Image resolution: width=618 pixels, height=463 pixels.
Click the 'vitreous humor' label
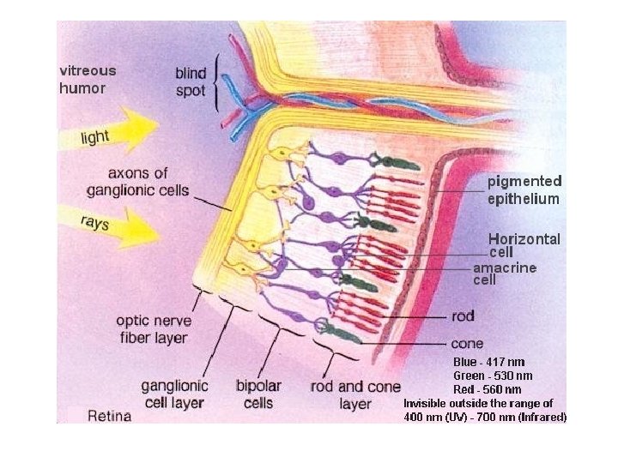click(87, 79)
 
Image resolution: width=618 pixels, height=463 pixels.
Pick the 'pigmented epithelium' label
click(524, 190)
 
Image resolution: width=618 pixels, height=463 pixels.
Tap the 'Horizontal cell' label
click(524, 245)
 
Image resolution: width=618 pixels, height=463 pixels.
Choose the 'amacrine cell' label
click(505, 274)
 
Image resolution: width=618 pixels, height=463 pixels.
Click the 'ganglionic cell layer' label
click(174, 394)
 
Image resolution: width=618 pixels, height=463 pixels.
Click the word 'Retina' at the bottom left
click(111, 416)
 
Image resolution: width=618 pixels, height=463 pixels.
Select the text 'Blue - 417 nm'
click(489, 363)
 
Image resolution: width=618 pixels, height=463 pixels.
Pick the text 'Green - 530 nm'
click(493, 376)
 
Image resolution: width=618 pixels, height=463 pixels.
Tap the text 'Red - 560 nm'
click(487, 389)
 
